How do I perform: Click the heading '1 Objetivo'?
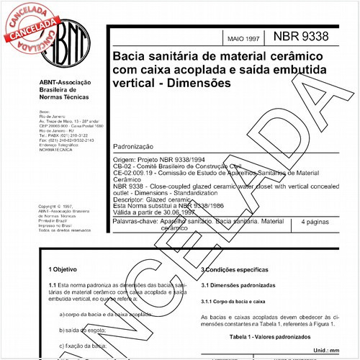tap(63, 269)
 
